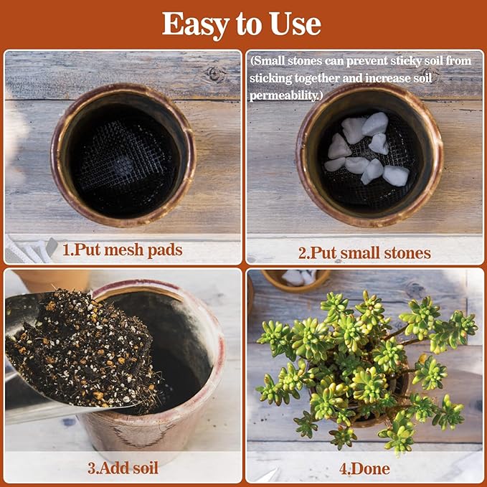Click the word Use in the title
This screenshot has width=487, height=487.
coord(293,24)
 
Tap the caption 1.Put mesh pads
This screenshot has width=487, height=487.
coord(122,250)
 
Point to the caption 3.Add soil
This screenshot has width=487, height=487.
coord(123,468)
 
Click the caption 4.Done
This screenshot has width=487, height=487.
coord(364,469)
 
